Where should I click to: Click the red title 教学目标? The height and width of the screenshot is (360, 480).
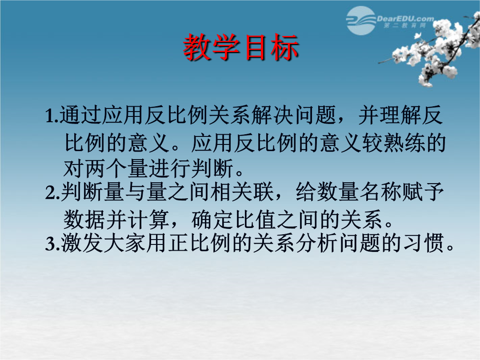[x=241, y=48]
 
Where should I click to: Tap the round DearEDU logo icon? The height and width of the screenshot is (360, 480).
[x=361, y=20]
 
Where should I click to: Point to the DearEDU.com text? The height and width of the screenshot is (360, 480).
[x=405, y=19]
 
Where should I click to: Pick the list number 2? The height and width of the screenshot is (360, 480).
[x=51, y=193]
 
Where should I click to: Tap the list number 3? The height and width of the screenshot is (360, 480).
[x=51, y=244]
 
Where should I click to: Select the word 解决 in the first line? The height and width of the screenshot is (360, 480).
[x=272, y=116]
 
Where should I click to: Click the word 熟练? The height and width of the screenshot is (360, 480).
[x=404, y=143]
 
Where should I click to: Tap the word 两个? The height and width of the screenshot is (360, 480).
[x=106, y=168]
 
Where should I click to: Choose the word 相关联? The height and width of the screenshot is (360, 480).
[x=243, y=192]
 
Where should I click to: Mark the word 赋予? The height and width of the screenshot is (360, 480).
[x=423, y=192]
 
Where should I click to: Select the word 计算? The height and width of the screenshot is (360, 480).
[x=148, y=220]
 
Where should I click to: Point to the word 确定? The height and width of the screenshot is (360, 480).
[x=213, y=220]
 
